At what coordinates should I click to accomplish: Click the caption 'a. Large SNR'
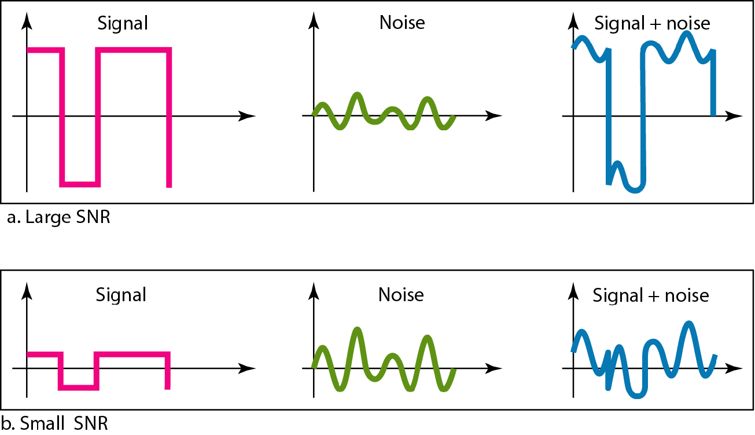pyautogui.click(x=59, y=218)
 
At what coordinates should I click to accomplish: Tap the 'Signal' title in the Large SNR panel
pyautogui.click(x=122, y=23)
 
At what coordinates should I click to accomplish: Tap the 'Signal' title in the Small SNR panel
pyautogui.click(x=121, y=295)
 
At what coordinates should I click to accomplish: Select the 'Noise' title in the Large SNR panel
pyautogui.click(x=402, y=23)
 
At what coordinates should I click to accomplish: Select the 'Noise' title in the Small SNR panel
pyautogui.click(x=401, y=295)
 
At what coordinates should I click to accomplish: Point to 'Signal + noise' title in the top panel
pyautogui.click(x=652, y=23)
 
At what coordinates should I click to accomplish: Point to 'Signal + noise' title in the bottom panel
pyautogui.click(x=651, y=295)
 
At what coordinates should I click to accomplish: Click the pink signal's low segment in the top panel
pyautogui.click(x=81, y=184)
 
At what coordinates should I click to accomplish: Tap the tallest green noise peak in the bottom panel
pyautogui.click(x=358, y=330)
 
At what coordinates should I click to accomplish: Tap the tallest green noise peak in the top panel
pyautogui.click(x=358, y=94)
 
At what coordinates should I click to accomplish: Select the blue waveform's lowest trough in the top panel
pyautogui.click(x=635, y=190)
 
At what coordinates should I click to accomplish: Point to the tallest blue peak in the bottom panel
pyautogui.click(x=688, y=323)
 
